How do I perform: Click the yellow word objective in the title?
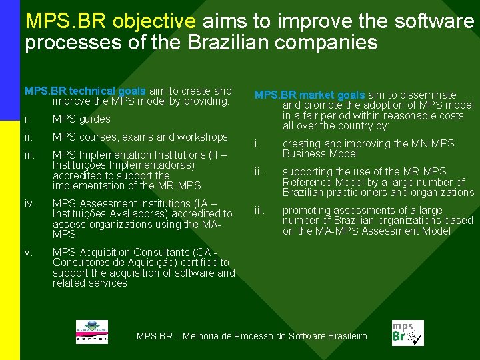154,21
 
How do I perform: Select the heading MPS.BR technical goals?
85,91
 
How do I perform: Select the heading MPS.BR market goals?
309,95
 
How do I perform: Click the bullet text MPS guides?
81,119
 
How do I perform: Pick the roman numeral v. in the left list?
28,253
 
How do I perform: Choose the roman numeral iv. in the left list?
29,204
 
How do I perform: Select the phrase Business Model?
320,154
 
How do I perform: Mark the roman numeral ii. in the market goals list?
259,172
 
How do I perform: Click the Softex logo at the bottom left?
91,332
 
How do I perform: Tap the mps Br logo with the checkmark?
407,333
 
